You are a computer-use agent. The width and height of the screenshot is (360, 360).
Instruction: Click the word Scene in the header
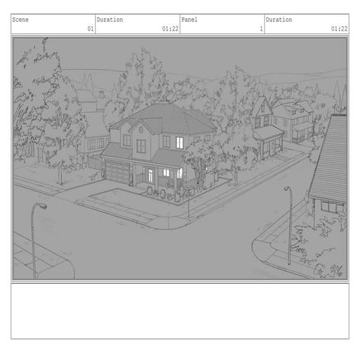coord(20,20)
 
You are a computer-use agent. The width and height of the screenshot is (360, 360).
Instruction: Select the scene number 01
coord(90,29)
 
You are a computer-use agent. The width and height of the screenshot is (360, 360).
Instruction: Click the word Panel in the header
coord(189,20)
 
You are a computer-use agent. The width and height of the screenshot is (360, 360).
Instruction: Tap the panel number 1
coord(261,29)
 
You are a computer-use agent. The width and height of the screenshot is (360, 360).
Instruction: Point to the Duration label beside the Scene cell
coord(110,20)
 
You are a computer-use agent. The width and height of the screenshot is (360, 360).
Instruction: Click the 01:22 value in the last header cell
coord(339,29)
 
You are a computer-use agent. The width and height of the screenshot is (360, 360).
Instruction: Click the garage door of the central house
coord(117,172)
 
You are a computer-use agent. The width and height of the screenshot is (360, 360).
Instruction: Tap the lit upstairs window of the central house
coord(180,143)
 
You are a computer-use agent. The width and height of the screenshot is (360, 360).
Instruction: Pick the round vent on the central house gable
coord(141,129)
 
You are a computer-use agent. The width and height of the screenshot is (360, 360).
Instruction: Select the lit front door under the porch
coord(151,176)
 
